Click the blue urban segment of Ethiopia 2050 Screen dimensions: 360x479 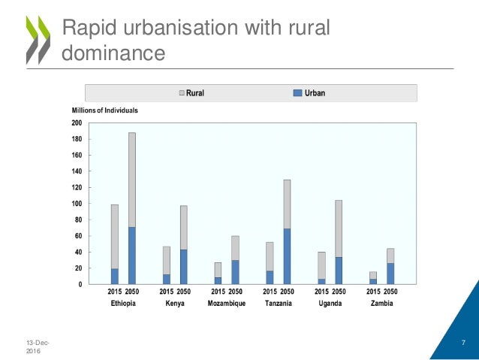pos(132,256)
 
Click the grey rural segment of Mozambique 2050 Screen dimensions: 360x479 pos(235,248)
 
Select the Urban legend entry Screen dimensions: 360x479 pos(309,93)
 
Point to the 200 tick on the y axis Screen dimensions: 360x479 pos(76,123)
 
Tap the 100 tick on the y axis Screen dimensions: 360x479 pos(76,204)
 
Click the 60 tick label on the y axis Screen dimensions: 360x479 pos(77,236)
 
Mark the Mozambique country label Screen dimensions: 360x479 pos(226,304)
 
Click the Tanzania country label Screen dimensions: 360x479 pos(279,304)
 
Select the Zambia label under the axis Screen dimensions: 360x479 pos(381,304)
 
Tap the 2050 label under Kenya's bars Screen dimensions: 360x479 pos(184,292)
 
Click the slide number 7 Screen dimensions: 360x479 pos(463,342)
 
